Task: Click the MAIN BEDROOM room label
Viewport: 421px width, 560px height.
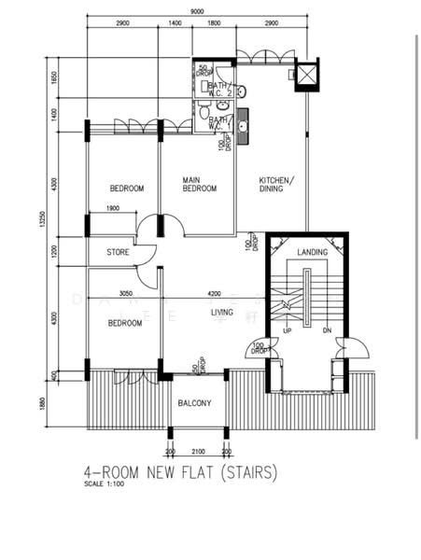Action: click(x=199, y=184)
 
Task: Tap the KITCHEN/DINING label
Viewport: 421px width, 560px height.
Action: click(x=277, y=184)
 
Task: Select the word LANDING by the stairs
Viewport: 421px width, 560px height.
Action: click(x=312, y=253)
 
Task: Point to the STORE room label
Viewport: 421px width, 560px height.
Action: click(x=118, y=251)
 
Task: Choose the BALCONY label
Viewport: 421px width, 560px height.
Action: click(x=195, y=403)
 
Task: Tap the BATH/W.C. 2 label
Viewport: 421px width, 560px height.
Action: click(x=222, y=89)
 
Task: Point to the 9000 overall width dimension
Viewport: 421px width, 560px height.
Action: click(x=197, y=10)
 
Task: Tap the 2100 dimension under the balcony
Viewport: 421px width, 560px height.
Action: click(x=197, y=452)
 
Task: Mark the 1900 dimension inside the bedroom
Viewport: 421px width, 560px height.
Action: click(x=112, y=208)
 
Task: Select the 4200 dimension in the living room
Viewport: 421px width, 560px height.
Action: click(x=214, y=293)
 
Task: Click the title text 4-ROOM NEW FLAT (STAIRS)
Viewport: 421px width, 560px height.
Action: click(x=180, y=473)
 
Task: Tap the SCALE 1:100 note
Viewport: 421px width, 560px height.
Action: click(x=105, y=484)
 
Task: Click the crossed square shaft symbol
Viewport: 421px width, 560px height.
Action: click(x=307, y=75)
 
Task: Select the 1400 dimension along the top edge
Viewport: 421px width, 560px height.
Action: click(x=175, y=21)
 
